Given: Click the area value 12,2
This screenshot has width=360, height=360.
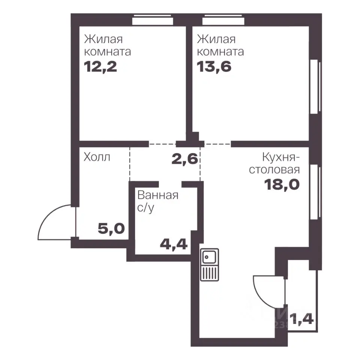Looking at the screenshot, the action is (100, 67).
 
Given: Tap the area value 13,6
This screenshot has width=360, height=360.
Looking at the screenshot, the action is (214, 67).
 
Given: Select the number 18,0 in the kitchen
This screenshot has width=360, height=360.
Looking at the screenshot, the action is (282, 184).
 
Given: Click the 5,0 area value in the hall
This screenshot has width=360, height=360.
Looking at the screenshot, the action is (111, 228).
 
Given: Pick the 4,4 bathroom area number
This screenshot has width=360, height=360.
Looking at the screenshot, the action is (174, 244).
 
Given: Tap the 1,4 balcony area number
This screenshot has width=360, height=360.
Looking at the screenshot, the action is (301, 319).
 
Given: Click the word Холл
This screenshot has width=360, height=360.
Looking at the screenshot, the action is (97, 157).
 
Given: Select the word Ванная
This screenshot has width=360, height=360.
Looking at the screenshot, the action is (158, 195).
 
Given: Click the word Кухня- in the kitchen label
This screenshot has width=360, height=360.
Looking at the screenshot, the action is (281, 158).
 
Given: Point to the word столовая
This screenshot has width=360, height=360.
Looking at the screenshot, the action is (274, 170).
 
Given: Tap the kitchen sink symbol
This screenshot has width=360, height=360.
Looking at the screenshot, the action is (209, 265).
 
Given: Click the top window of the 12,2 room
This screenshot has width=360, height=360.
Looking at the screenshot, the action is (153, 20).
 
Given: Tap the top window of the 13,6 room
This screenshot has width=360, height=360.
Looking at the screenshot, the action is (223, 20).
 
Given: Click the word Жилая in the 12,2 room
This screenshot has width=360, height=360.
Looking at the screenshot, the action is (103, 39).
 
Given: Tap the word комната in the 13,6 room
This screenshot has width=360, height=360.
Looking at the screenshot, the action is (220, 52).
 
